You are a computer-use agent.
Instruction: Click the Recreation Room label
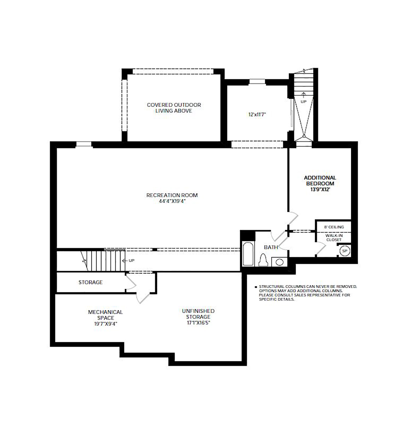[x=172, y=195]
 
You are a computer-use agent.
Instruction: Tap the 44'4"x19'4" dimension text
[x=172, y=201]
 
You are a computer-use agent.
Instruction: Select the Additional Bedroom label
[x=320, y=181]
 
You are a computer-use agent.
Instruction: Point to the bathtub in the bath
[x=248, y=254]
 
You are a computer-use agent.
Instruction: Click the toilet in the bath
[x=263, y=259]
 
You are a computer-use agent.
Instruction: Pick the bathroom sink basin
[x=280, y=262]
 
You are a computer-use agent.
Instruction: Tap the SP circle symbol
[x=344, y=251]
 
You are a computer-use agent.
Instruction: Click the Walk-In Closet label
[x=334, y=238]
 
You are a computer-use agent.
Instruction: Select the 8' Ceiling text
[x=334, y=227]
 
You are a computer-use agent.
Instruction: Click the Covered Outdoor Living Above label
[x=174, y=108]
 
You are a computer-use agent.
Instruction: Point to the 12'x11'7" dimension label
[x=257, y=115]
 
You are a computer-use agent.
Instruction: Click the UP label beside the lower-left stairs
[x=131, y=261]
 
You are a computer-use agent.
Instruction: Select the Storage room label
[x=90, y=282]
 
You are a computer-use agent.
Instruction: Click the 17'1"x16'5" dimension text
[x=198, y=323]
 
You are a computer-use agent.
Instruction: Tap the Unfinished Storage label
[x=198, y=314]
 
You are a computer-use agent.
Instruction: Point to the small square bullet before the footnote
[x=256, y=287]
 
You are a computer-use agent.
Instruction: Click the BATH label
[x=271, y=247]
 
